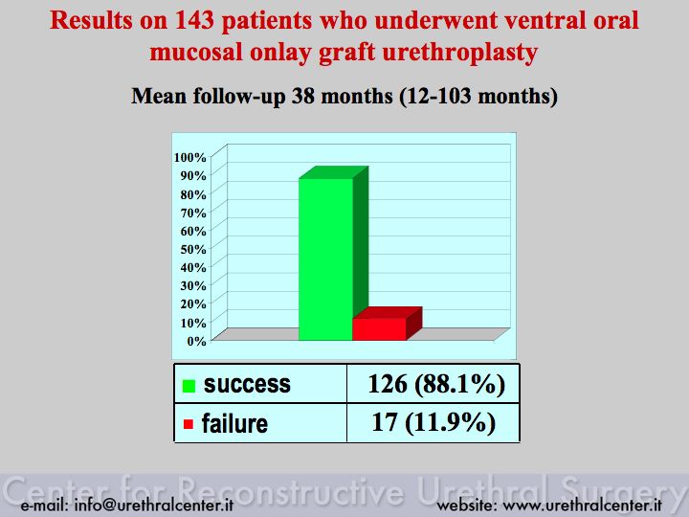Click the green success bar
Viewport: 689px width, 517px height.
click(326, 258)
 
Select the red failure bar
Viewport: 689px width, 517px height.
click(380, 328)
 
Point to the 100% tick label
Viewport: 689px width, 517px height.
click(189, 157)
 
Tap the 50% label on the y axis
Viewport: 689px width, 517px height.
click(193, 249)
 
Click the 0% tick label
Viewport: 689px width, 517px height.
click(196, 341)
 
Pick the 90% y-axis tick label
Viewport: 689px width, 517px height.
click(193, 175)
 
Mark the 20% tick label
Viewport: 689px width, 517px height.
click(193, 303)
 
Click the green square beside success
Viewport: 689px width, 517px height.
click(189, 386)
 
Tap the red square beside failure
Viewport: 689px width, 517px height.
click(189, 424)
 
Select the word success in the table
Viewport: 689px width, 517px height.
click(247, 384)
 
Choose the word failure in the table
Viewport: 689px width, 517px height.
click(234, 423)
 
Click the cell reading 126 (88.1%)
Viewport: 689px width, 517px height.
click(436, 384)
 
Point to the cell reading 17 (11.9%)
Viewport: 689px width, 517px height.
click(433, 422)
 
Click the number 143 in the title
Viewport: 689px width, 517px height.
click(194, 20)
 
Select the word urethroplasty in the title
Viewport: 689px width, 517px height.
click(460, 53)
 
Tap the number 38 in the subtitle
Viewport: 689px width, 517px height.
click(302, 96)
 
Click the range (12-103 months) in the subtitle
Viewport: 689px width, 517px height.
click(478, 96)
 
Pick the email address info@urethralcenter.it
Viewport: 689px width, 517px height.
click(154, 506)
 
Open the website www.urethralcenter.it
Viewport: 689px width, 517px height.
click(582, 506)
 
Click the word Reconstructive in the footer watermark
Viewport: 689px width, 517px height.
click(292, 490)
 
